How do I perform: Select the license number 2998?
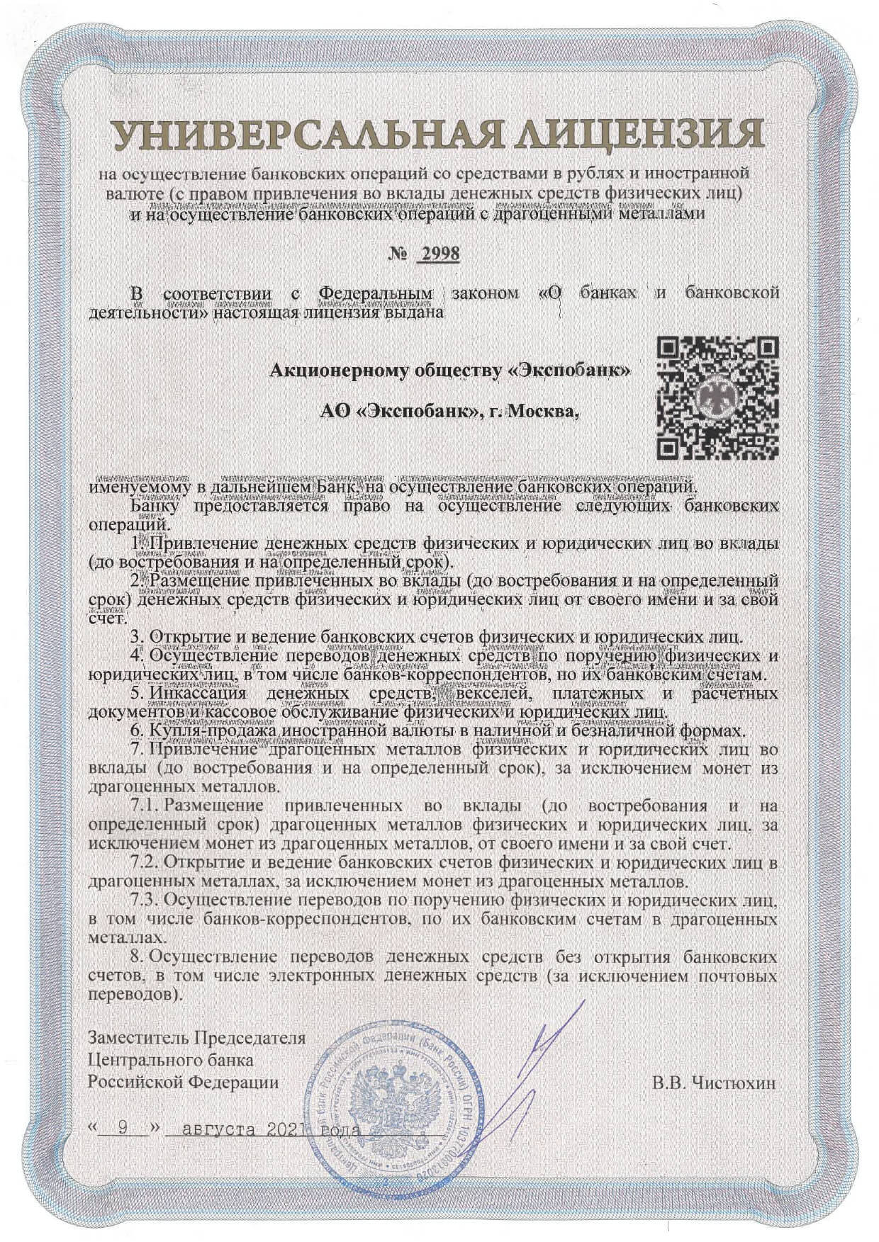click(439, 254)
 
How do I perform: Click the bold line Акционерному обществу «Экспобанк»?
click(449, 370)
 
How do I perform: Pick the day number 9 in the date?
click(123, 1129)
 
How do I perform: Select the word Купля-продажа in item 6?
click(213, 730)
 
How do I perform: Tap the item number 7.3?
click(146, 901)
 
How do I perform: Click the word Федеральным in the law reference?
click(375, 293)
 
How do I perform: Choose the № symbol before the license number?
click(398, 254)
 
